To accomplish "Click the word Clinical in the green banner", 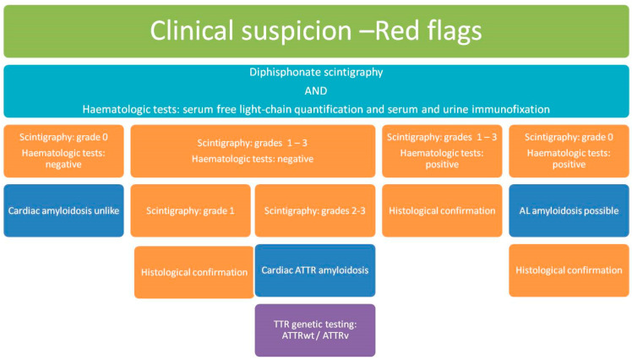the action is [192, 30].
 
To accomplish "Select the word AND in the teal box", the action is [316, 90].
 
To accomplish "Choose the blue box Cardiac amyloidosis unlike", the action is [63, 210].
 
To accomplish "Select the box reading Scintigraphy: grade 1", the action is [190, 210].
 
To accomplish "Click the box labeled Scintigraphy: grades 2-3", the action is [315, 210].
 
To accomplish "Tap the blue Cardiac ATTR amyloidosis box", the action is [315, 270].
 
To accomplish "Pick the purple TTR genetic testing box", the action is [315, 330].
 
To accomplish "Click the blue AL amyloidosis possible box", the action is [569, 210].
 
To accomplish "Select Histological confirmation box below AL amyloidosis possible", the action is [569, 270].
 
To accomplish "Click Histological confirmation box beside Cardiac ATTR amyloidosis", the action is [193, 272].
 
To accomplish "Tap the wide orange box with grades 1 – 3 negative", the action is [253, 150].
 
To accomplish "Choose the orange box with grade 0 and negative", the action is [63, 150].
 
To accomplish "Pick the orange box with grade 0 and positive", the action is [569, 150].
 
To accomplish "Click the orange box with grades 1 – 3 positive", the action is [442, 150].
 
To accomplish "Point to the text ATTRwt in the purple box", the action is [298, 335].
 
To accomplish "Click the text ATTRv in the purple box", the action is [335, 335].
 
